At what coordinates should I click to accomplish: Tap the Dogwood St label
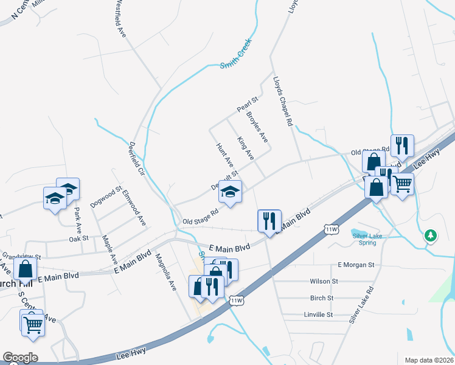106,195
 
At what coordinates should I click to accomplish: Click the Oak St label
79,238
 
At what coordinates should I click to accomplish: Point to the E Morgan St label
356,265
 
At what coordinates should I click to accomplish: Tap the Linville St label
318,315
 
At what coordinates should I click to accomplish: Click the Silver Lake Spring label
364,238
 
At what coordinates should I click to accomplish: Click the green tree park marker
431,234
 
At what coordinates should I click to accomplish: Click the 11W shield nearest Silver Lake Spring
331,229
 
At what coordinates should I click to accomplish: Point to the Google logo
20,358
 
